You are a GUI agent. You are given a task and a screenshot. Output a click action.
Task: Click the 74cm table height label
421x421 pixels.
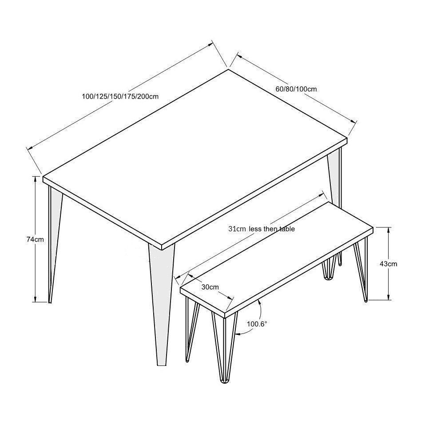35,239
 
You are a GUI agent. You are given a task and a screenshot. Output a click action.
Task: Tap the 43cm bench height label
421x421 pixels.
388,264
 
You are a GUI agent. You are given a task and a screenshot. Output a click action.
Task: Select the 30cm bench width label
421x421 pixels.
210,287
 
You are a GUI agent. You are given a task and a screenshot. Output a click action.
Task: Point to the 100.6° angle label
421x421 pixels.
257,324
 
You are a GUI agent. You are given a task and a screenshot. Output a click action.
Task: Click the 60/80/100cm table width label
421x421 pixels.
296,89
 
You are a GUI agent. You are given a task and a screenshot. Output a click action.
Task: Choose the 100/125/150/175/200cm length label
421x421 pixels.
120,96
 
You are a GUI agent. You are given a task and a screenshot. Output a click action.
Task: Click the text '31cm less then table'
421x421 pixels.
262,229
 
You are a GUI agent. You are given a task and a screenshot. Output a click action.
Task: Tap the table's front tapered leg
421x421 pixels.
161,303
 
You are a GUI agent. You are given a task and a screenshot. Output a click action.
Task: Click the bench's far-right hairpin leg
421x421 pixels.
361,271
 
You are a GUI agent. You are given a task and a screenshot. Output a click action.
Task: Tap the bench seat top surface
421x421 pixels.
277,257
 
